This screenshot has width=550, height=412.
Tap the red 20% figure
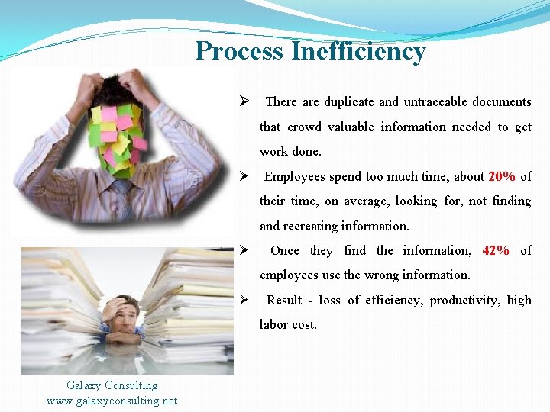502,176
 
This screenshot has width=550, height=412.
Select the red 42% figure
496,250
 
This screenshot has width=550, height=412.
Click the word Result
284,300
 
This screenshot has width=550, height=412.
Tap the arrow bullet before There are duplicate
242,101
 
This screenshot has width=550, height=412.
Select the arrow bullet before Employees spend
242,176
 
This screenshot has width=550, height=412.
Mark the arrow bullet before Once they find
242,250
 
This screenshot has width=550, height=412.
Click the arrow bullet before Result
242,300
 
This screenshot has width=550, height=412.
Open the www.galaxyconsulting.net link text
112,400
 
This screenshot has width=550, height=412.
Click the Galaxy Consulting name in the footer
112,385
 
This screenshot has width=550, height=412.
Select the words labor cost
288,324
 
